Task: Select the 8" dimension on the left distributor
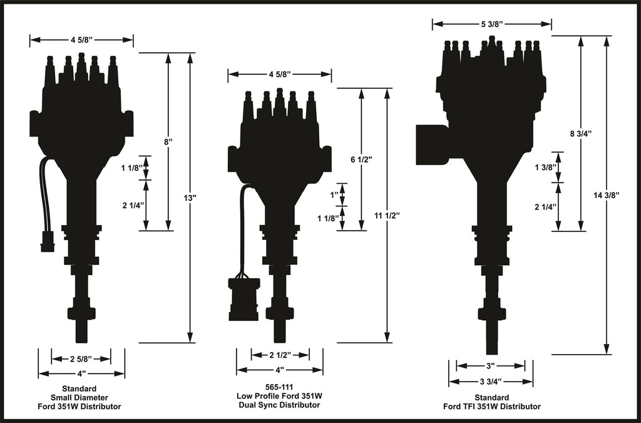click(168, 142)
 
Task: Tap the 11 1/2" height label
click(387, 215)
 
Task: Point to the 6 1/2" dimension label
click(361, 160)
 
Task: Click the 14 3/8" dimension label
click(607, 195)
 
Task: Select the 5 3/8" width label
click(491, 24)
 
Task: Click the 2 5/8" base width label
click(81, 359)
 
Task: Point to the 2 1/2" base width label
click(280, 355)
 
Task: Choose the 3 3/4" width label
click(491, 382)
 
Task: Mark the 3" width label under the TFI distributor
click(491, 365)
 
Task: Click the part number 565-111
click(279, 387)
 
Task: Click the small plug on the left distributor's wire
click(48, 241)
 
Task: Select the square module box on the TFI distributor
click(431, 144)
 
